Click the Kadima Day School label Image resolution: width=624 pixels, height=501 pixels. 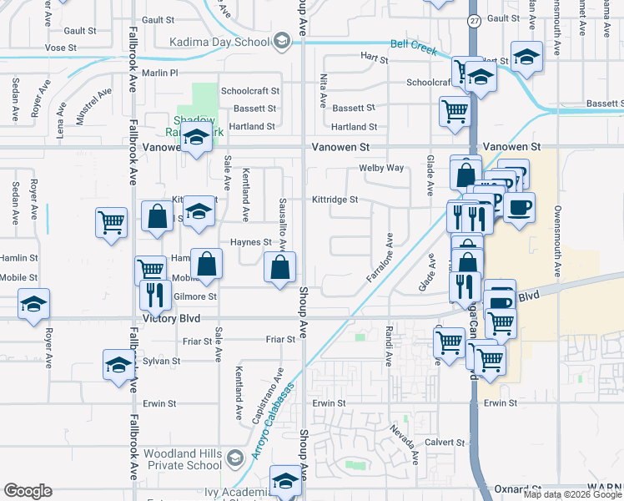point(219,42)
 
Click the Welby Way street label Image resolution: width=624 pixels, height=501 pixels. point(381,168)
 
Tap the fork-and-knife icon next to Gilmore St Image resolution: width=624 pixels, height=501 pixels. point(154,295)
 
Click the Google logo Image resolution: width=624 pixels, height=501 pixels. point(28,491)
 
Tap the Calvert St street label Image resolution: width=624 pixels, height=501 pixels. point(448,442)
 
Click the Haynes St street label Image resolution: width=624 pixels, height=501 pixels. point(251,242)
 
